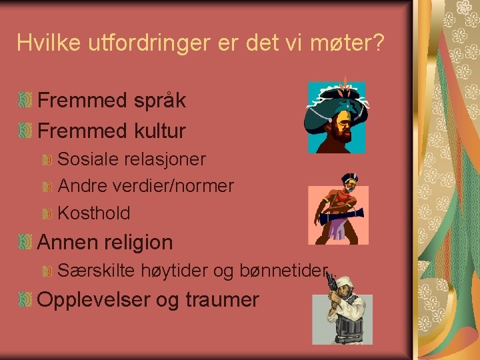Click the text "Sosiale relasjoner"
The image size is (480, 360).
click(132, 159)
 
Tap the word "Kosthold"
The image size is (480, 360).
click(94, 213)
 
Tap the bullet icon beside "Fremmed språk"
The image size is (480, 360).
click(25, 101)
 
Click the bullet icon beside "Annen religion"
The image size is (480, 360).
click(25, 242)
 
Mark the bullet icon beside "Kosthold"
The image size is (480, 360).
click(47, 214)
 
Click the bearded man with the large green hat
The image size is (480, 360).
click(337, 117)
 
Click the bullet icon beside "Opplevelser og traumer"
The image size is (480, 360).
click(25, 299)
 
